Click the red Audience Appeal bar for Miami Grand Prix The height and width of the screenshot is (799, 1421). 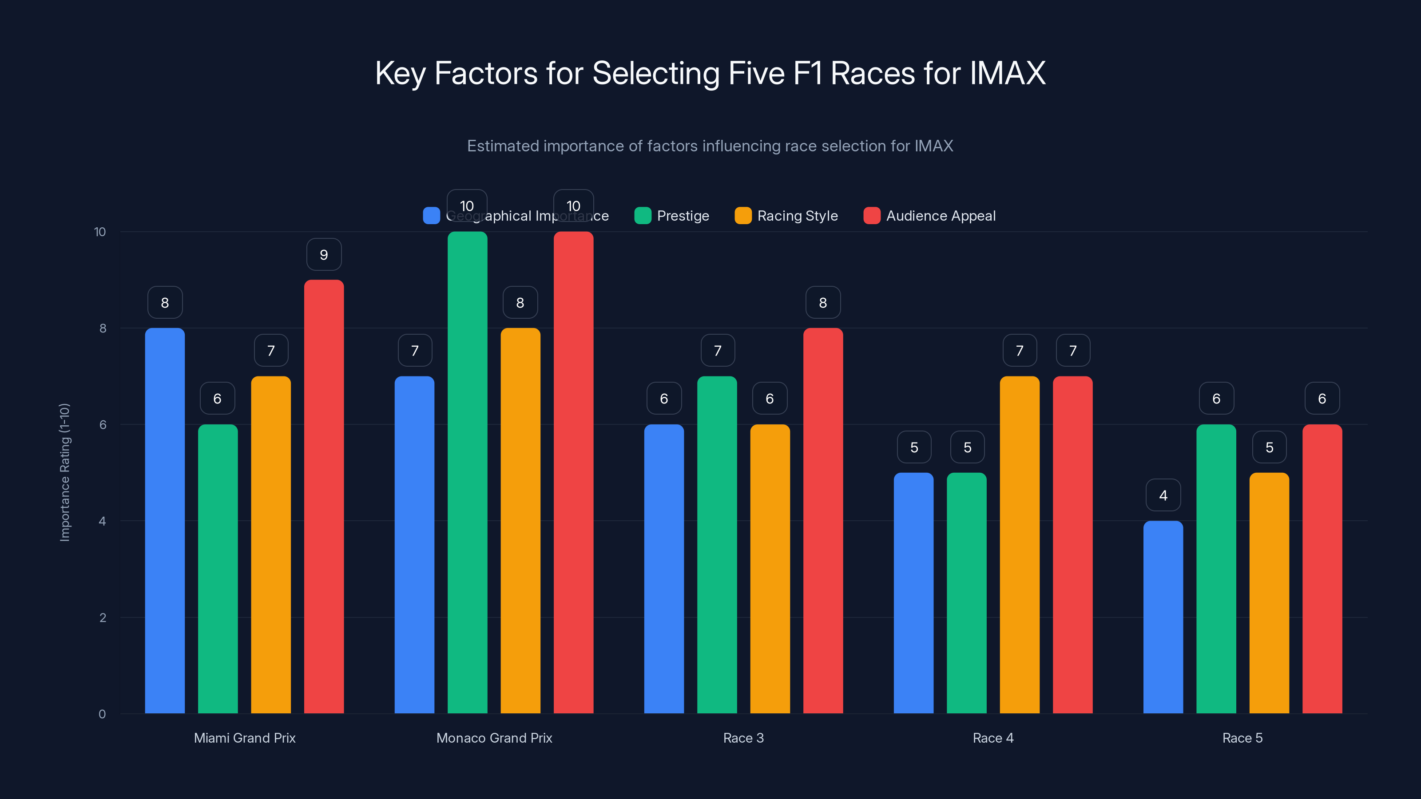[x=324, y=496]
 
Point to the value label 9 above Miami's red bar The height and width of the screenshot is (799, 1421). [x=324, y=255]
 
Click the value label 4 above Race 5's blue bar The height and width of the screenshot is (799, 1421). [x=1163, y=495]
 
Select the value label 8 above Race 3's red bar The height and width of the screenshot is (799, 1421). [x=822, y=303]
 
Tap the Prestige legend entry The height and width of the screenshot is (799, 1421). [x=672, y=216]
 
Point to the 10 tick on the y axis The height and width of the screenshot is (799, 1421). [x=100, y=232]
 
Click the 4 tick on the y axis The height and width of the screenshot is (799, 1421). [x=102, y=521]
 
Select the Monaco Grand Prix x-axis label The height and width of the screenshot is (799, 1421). [x=494, y=738]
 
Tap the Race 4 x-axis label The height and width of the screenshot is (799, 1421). [x=993, y=738]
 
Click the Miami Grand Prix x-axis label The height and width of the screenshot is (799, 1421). [x=244, y=738]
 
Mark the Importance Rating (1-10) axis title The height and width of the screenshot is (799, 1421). [x=65, y=473]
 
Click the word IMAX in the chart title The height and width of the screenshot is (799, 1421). [x=1007, y=73]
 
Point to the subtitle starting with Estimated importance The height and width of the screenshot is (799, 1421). [x=710, y=146]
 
